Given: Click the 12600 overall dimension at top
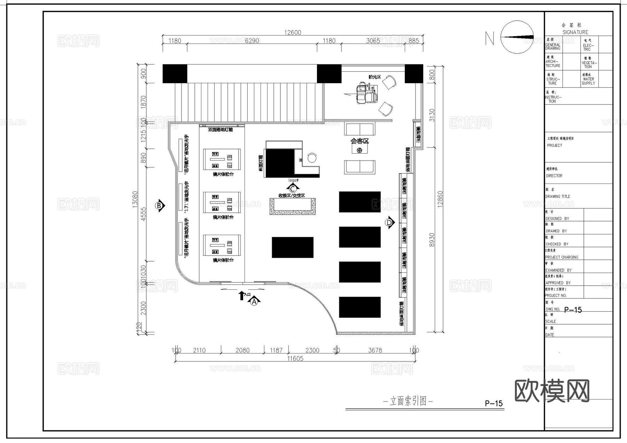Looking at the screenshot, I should (x=293, y=32).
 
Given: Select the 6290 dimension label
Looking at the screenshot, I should (x=252, y=41).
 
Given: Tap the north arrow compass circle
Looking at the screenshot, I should (x=517, y=37).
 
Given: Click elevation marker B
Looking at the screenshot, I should (x=160, y=206).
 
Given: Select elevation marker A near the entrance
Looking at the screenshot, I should (x=254, y=301).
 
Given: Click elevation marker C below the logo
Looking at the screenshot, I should (x=293, y=189).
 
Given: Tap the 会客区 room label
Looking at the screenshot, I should (x=359, y=141).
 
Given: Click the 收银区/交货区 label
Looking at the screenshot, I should (x=292, y=196).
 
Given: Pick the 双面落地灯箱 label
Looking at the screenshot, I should (x=220, y=130).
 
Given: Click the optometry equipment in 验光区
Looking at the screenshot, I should (x=366, y=93).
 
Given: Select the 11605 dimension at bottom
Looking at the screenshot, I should (x=295, y=358).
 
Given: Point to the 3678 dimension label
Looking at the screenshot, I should (x=375, y=350).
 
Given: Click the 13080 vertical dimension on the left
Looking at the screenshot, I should (x=136, y=199).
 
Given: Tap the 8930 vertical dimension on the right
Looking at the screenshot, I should (x=432, y=240).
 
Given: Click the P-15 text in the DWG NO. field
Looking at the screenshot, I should (x=573, y=310).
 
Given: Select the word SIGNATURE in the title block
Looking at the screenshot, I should (x=575, y=32).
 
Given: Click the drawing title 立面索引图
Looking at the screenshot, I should (x=408, y=401).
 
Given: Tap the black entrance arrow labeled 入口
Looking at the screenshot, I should (x=241, y=296).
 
